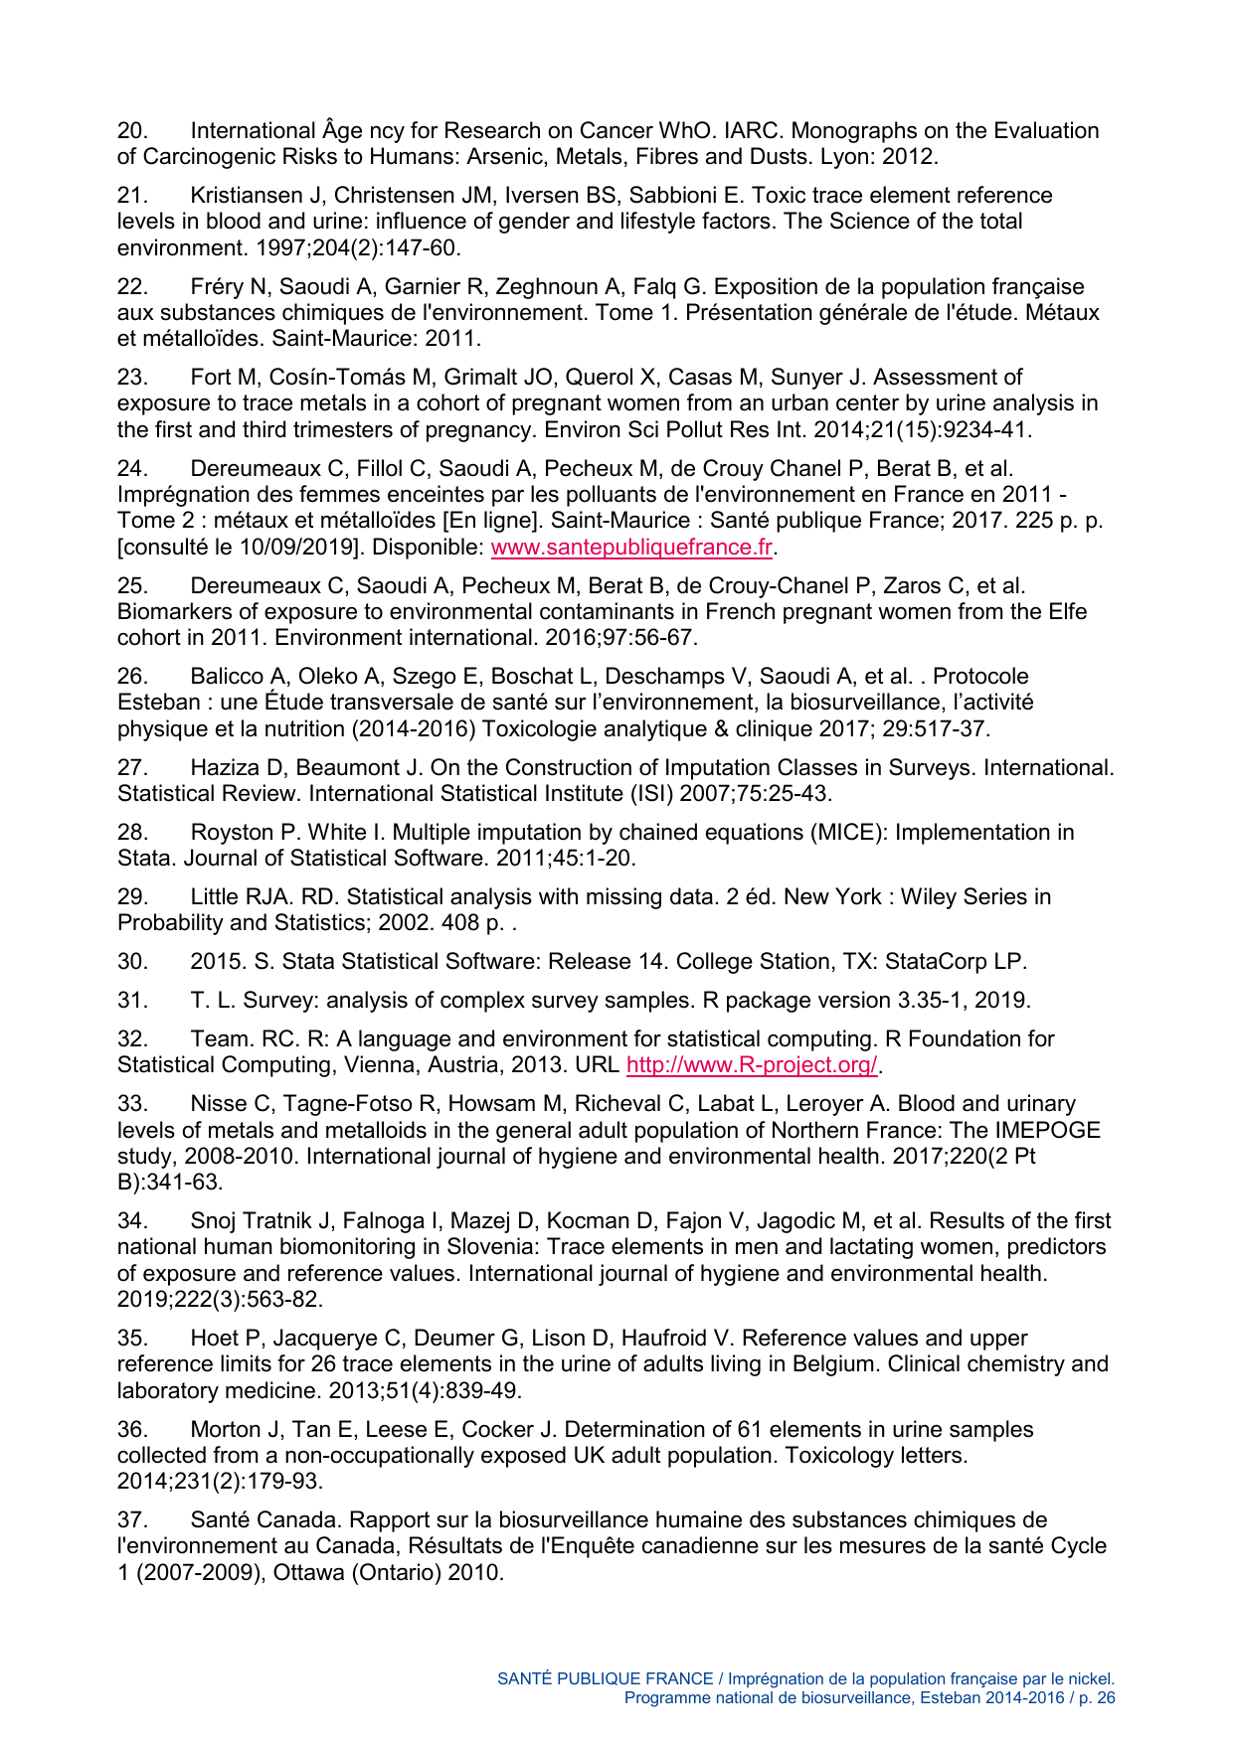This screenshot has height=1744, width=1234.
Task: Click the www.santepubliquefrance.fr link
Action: pos(632,547)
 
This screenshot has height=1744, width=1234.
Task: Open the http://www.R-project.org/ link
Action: pos(752,1065)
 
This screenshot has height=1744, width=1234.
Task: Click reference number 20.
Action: pos(132,131)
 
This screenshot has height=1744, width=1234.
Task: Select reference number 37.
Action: pos(132,1520)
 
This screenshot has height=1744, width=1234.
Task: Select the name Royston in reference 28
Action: pos(231,833)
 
